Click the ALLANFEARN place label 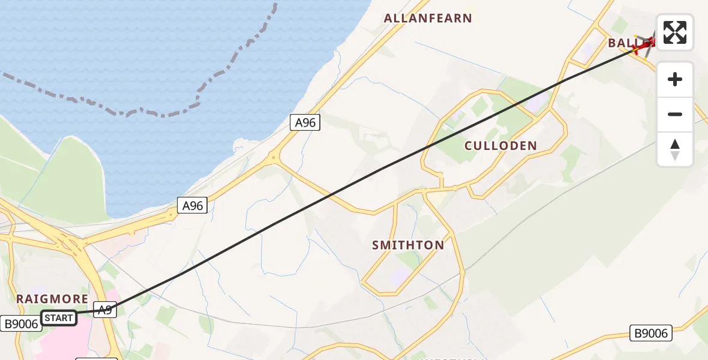pyautogui.click(x=428, y=18)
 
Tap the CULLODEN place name pyautogui.click(x=500, y=146)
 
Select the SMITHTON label pyautogui.click(x=408, y=245)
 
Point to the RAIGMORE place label pyautogui.click(x=52, y=299)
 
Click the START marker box pyautogui.click(x=59, y=318)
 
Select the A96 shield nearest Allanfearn pyautogui.click(x=305, y=123)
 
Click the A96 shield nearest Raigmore pyautogui.click(x=192, y=206)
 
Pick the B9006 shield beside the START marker pyautogui.click(x=21, y=324)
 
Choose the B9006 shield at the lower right pyautogui.click(x=651, y=333)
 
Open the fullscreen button pyautogui.click(x=675, y=32)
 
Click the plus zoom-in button pyautogui.click(x=675, y=79)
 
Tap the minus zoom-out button pyautogui.click(x=675, y=114)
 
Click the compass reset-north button pyautogui.click(x=675, y=149)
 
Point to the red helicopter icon pyautogui.click(x=646, y=44)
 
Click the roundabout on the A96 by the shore pyautogui.click(x=274, y=158)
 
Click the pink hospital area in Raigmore pyautogui.click(x=60, y=342)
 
